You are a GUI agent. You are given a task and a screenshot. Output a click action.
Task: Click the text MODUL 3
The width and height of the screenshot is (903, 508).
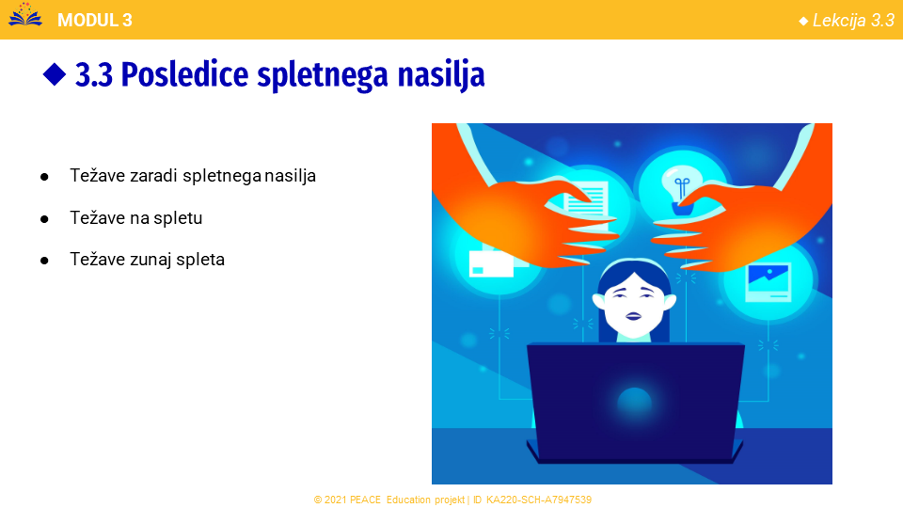pos(95,20)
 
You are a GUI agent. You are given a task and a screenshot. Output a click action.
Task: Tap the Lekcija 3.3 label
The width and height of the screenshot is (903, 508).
pos(853,21)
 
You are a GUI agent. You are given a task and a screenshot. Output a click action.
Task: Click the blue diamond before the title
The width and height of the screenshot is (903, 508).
pos(55,74)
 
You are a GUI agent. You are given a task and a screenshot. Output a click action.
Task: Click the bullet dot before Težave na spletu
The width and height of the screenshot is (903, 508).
pos(44,219)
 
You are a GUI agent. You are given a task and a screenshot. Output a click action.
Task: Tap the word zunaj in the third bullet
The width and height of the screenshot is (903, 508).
pos(150,260)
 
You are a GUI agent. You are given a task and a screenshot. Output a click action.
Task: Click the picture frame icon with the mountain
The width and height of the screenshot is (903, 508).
pos(768,283)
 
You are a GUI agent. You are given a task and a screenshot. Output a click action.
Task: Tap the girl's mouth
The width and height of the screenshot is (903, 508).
pos(633,316)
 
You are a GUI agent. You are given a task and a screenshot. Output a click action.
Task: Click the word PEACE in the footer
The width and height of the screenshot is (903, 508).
pos(365,500)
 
